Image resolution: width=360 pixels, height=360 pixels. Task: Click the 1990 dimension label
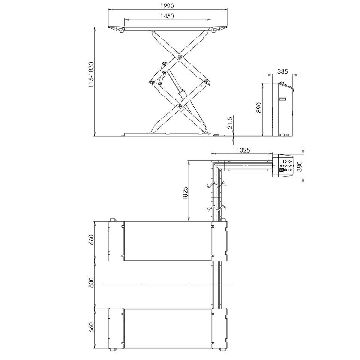[167, 6]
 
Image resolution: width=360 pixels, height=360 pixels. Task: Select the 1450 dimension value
[167, 16]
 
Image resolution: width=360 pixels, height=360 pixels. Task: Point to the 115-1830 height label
[91, 74]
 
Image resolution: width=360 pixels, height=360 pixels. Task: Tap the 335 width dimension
[282, 71]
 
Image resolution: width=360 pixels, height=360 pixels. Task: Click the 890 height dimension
[259, 108]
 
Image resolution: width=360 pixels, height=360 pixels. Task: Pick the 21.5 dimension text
[230, 123]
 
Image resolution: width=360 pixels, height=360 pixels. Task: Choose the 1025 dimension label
[243, 150]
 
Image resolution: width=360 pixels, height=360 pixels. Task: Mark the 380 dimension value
[299, 166]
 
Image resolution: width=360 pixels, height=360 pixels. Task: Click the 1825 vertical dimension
[185, 193]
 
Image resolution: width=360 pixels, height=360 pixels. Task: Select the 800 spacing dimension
[91, 283]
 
